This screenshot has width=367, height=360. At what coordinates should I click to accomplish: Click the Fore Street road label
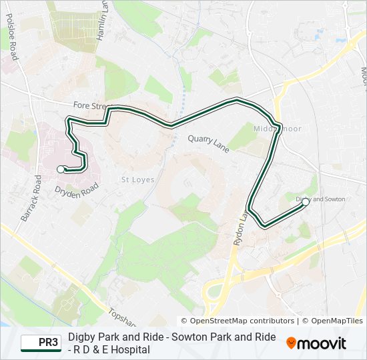click(x=89, y=105)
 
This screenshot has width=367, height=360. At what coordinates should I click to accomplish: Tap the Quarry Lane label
click(x=208, y=143)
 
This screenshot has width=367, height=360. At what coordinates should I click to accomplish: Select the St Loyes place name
click(x=137, y=179)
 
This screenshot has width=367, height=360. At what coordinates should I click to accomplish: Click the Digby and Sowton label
click(x=320, y=199)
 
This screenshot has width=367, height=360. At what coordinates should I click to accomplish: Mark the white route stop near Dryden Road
click(x=61, y=169)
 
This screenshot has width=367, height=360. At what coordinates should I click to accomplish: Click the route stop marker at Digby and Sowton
click(x=305, y=201)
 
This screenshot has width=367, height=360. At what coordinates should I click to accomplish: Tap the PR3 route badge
click(x=41, y=343)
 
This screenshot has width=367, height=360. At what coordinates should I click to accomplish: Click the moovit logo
click(x=316, y=343)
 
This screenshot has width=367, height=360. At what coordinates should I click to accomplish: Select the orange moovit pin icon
click(x=292, y=343)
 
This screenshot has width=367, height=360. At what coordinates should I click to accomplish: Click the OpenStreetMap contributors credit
click(x=238, y=321)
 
